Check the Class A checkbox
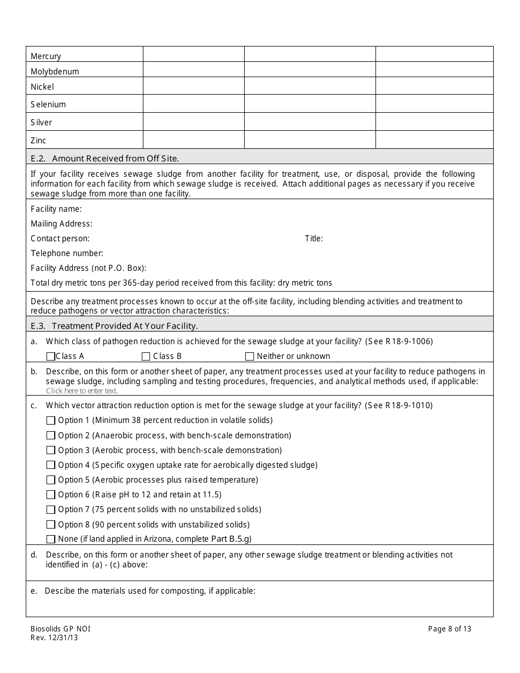click(51, 356)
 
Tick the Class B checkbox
click(146, 356)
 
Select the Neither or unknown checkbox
click(250, 356)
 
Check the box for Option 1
click(51, 421)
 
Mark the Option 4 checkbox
click(51, 465)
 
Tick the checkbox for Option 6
click(51, 495)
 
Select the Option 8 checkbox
click(51, 524)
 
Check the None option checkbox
click(51, 539)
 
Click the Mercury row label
click(46, 56)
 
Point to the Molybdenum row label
click(55, 72)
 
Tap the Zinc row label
click(38, 141)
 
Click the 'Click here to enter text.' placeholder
click(82, 391)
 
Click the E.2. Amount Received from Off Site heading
click(105, 159)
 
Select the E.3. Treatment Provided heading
click(114, 326)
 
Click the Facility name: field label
click(56, 209)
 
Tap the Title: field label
click(314, 239)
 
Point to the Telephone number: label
click(67, 253)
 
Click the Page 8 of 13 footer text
click(449, 629)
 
